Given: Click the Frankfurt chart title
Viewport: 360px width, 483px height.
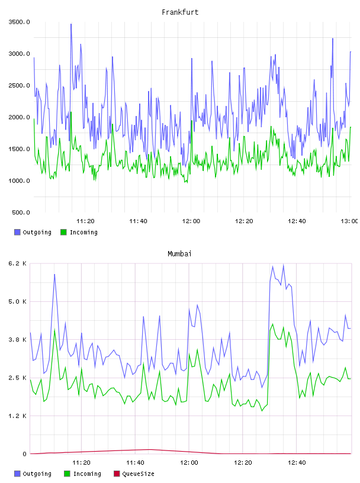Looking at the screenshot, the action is click(180, 12).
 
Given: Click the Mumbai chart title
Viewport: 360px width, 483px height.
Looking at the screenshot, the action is click(179, 254).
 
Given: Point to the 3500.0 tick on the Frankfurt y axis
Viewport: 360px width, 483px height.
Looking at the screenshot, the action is click(19, 22).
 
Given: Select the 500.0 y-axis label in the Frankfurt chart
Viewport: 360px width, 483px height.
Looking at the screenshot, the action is click(21, 212).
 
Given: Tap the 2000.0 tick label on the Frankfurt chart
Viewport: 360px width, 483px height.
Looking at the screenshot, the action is click(19, 117).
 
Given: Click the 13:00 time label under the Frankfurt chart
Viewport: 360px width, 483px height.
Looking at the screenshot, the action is click(349, 221).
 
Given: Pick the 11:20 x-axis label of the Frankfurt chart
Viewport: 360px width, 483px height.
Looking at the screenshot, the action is click(85, 221).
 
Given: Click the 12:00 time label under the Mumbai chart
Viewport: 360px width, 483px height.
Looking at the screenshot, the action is click(189, 463).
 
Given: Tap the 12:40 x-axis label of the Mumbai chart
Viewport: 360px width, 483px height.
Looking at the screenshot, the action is click(297, 463).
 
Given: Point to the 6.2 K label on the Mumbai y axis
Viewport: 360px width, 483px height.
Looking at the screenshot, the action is click(17, 263).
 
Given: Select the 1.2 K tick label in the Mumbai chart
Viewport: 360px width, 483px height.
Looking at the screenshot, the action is click(17, 416).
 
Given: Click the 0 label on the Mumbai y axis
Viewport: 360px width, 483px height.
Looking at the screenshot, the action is click(24, 454).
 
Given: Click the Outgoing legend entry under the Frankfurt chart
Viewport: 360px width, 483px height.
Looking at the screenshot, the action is click(33, 232).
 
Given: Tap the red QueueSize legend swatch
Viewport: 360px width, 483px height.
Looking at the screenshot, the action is click(117, 474).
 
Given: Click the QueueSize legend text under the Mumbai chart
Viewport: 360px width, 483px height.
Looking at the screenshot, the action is click(138, 474).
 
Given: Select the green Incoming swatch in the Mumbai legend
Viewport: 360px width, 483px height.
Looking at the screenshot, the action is click(67, 474).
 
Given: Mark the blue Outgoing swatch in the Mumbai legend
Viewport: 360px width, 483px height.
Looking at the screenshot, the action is click(17, 474).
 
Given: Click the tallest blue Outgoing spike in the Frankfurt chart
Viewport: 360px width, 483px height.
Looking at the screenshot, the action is click(71, 24).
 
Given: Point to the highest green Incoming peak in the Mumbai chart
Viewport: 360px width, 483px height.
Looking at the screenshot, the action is click(272, 324).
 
